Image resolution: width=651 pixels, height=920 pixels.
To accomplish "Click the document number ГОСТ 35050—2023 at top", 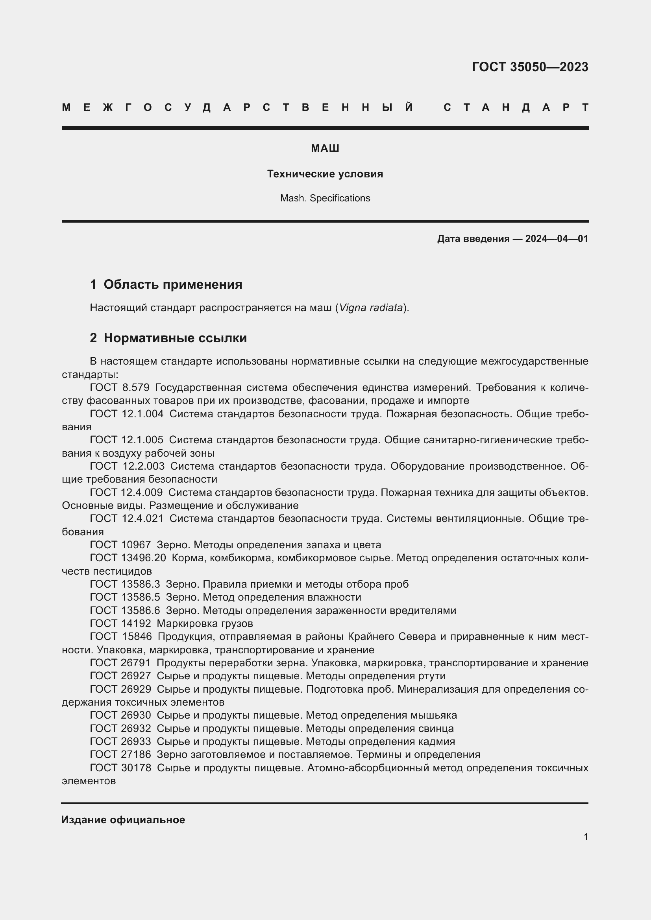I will pos(529,67).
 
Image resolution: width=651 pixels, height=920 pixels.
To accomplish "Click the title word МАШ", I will pos(325,149).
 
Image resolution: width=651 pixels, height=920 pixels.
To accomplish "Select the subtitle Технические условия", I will pos(325,174).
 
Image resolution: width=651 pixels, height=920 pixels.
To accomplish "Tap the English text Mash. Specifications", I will pos(325,198).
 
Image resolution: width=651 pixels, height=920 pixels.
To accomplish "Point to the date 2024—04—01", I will pos(557,239).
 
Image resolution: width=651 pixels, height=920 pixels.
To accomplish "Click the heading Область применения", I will pos(173,284).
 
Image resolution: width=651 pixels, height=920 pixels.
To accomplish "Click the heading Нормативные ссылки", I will pos(175,338).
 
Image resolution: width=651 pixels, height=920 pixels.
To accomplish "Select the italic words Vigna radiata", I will pos(371,308).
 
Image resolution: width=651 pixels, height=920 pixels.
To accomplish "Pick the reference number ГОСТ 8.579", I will pos(120,387).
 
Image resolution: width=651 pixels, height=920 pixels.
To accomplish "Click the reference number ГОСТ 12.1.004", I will pos(127,413).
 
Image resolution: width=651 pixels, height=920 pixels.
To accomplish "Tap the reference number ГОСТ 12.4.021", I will pos(127,518).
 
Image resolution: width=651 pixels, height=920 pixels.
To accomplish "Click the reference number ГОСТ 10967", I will pos(120,545).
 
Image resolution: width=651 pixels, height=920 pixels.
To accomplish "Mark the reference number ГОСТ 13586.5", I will pos(125,597).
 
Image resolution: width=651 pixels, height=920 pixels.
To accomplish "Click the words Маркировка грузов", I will pos(205,623).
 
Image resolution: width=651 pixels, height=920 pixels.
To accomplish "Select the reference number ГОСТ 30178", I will pos(120,768).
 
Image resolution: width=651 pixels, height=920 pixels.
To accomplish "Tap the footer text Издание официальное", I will pos(123,820).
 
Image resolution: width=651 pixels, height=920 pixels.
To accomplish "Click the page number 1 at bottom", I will pos(586,837).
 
